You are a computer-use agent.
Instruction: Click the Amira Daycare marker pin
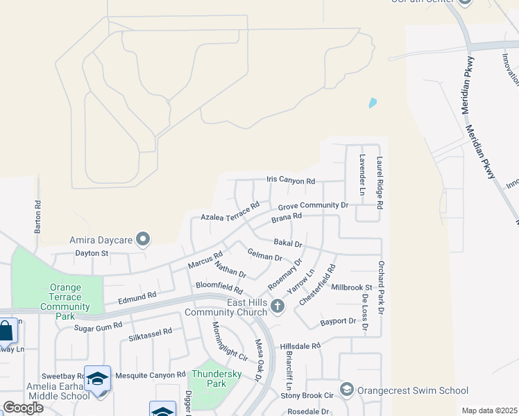(x=144, y=240)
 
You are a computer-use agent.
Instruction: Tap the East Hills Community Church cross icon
(x=278, y=306)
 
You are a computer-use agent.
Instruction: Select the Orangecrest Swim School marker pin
(x=347, y=389)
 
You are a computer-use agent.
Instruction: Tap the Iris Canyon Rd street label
(x=291, y=180)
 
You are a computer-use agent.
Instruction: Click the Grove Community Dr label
(x=312, y=206)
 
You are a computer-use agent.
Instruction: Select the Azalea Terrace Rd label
(x=230, y=211)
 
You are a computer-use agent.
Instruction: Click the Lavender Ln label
(x=361, y=174)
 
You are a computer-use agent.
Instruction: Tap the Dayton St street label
(x=92, y=254)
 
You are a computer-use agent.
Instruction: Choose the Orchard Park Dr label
(x=381, y=286)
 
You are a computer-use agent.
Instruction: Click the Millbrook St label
(x=352, y=287)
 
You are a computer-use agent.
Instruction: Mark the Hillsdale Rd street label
(x=300, y=345)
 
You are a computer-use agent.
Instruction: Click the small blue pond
(x=373, y=103)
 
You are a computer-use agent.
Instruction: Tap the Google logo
(x=23, y=408)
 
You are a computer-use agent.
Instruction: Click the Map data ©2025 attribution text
(x=489, y=410)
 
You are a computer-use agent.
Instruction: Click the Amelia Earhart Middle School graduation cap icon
(x=98, y=378)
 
